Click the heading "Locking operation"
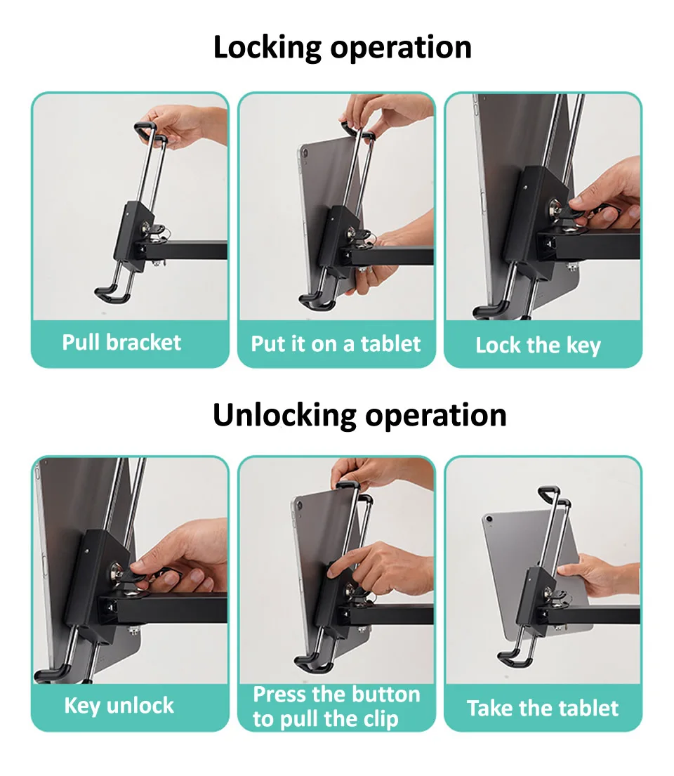pyautogui.click(x=342, y=48)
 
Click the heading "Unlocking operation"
pyautogui.click(x=359, y=415)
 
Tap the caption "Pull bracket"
pyautogui.click(x=121, y=343)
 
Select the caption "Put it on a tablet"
pyautogui.click(x=336, y=344)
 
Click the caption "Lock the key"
pyautogui.click(x=538, y=346)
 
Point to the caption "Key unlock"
pyautogui.click(x=119, y=706)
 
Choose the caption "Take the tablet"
pyautogui.click(x=543, y=708)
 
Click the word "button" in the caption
pyautogui.click(x=383, y=695)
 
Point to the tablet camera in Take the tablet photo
pyautogui.click(x=489, y=519)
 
